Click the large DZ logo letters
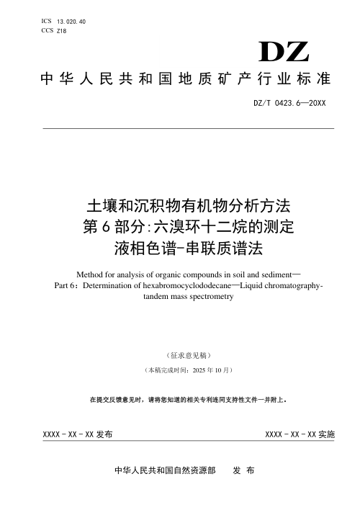pos(284,53)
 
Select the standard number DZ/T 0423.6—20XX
pos(290,103)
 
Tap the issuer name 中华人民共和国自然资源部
pos(165,470)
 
